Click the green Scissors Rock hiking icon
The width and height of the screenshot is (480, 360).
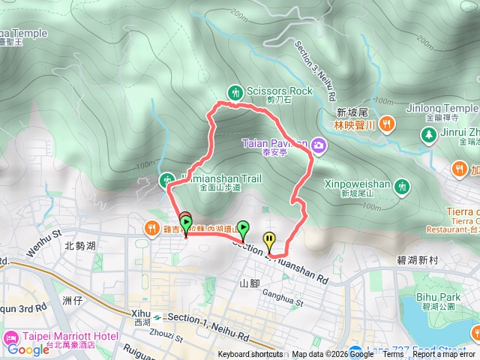click(x=237, y=91)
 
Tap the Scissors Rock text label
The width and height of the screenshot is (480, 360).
click(x=279, y=91)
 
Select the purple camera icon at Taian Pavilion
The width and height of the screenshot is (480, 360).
click(x=319, y=144)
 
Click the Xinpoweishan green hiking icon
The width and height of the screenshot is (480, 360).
click(x=403, y=185)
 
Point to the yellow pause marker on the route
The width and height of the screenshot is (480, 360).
click(x=269, y=240)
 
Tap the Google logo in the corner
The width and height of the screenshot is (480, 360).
click(x=28, y=349)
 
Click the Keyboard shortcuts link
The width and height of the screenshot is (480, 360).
click(x=250, y=355)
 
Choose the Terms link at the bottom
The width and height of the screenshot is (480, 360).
click(x=393, y=355)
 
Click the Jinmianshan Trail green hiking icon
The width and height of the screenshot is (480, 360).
click(x=166, y=179)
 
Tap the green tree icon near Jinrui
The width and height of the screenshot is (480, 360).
click(x=428, y=135)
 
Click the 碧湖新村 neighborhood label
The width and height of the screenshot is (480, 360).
click(x=422, y=259)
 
